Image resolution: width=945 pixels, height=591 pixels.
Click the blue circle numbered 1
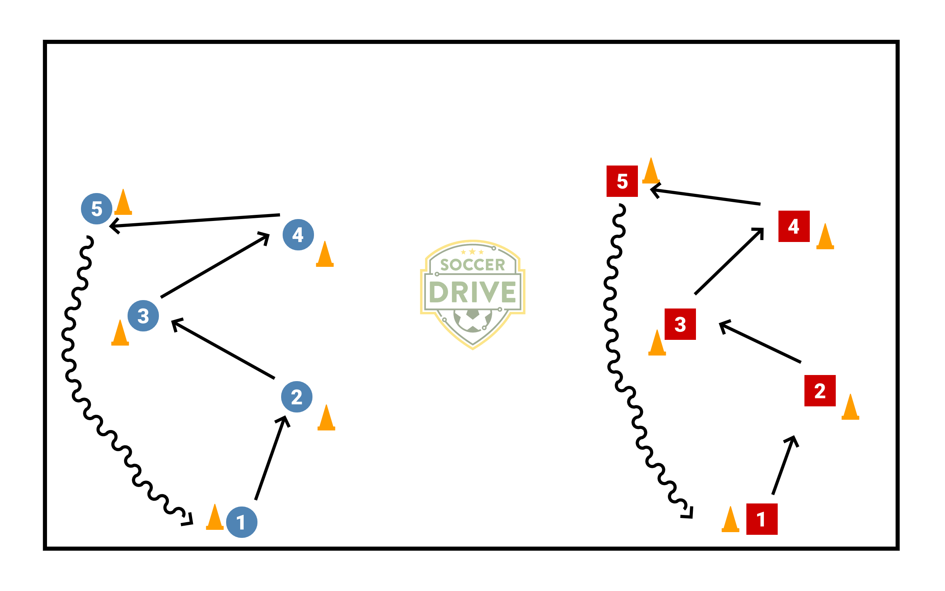tap(242, 522)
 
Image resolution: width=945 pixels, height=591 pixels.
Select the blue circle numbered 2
tap(297, 397)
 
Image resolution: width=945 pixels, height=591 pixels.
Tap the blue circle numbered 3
tap(143, 316)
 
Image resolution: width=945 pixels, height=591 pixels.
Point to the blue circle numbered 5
tap(97, 209)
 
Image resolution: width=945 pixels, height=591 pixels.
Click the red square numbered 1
tap(762, 519)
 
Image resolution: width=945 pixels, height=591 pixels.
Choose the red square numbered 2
tap(820, 391)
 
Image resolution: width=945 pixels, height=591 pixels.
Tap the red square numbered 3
tap(680, 324)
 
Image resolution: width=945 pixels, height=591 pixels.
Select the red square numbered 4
tap(794, 226)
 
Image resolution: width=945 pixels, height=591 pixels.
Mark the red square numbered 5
tap(622, 181)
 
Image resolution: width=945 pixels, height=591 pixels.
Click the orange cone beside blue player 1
tap(215, 518)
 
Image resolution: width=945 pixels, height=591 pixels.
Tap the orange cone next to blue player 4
tap(325, 255)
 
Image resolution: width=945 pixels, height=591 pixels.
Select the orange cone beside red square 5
tap(651, 172)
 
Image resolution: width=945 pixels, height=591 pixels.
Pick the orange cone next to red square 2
tap(851, 408)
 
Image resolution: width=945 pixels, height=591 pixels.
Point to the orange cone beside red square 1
tap(731, 520)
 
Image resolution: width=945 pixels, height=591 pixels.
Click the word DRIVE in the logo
tap(472, 292)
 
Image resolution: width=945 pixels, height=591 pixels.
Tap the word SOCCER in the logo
tap(472, 265)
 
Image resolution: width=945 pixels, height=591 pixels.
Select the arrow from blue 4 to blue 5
tap(195, 221)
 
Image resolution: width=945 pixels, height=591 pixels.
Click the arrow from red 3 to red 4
tap(729, 261)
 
